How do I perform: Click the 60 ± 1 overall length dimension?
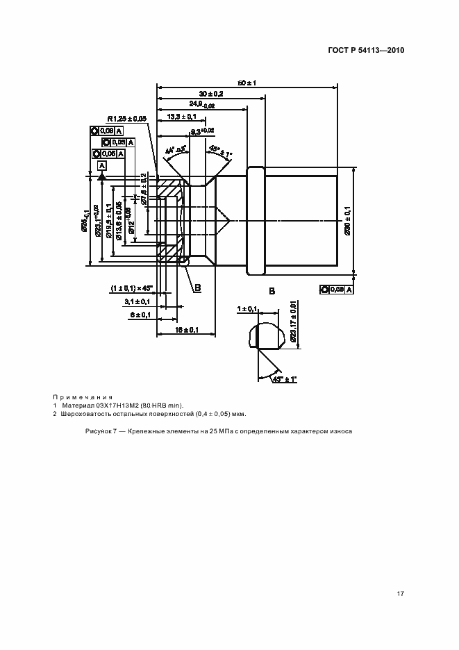248,83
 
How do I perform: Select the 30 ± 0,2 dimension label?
211,94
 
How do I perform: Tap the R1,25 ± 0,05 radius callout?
127,119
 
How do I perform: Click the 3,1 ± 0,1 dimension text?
137,301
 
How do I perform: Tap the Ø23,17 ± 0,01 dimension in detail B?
294,319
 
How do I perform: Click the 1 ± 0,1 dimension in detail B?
247,308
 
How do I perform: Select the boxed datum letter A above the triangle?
101,165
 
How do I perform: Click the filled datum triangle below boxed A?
101,177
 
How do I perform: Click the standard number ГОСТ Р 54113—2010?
365,51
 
